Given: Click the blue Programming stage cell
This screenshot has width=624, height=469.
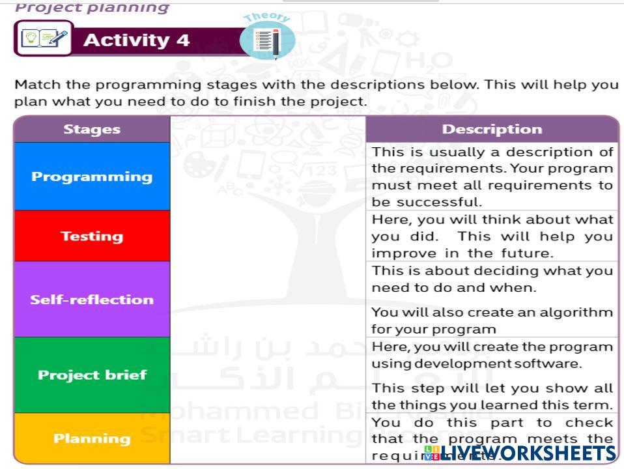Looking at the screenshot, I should [92, 177].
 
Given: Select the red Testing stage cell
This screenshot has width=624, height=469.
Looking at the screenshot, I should [92, 236].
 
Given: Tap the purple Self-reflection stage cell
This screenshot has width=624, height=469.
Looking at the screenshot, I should [92, 300].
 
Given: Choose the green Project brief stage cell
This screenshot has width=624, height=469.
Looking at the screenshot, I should [92, 375].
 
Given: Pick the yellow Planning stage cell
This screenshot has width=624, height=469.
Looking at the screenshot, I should [92, 438].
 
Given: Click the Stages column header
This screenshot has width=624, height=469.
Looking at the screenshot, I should [92, 129].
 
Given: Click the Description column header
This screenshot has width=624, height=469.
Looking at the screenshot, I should [492, 129].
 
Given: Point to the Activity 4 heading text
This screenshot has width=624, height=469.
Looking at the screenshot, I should [136, 40].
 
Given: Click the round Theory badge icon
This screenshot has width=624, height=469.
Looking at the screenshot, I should [267, 39].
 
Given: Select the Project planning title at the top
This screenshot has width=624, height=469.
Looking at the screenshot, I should [92, 8].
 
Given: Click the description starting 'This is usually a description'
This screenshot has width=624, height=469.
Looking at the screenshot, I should [492, 177].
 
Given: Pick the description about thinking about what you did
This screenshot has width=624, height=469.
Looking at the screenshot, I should [492, 236].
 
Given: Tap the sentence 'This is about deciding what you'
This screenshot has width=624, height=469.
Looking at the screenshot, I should [492, 278].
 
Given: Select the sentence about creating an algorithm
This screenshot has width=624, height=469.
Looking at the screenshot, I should [492, 320].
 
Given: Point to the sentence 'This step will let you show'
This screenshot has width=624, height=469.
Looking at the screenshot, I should [492, 396].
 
